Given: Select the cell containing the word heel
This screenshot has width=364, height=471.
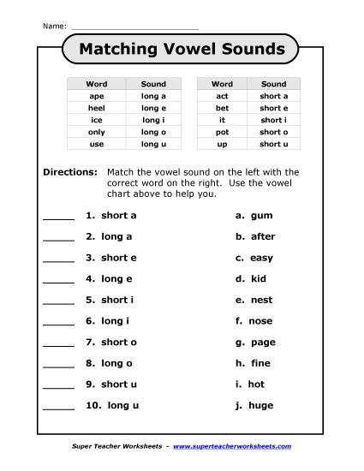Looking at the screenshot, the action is [96, 109].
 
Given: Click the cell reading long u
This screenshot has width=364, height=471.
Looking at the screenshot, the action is [152, 145].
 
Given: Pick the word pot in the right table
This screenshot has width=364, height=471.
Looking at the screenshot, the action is [222, 133].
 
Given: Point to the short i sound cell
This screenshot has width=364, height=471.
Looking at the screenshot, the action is [273, 121].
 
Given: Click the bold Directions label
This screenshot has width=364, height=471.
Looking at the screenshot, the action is [70, 172].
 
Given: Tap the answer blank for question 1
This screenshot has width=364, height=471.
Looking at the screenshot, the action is [58, 218].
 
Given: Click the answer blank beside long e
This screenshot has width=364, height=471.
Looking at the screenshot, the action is [58, 280].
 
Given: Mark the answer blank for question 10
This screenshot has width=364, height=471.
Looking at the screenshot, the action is [58, 407].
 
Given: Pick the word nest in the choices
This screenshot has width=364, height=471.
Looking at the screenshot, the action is [260, 300].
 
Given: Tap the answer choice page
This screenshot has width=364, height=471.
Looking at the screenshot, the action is [263, 343].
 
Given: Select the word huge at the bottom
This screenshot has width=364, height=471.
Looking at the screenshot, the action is [261, 405].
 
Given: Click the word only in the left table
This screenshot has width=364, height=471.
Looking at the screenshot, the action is [96, 133].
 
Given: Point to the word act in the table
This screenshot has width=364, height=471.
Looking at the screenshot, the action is [222, 97].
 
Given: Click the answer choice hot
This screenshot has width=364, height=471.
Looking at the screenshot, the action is [256, 385].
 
